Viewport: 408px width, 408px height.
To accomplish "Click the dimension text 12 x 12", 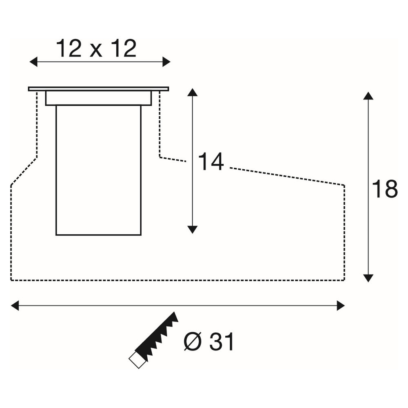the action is (x=96, y=49).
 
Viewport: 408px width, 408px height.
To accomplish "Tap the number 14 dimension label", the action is (x=211, y=162).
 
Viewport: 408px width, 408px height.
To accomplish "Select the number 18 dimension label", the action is (x=385, y=188).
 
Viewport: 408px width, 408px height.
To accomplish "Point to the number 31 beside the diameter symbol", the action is (x=222, y=341).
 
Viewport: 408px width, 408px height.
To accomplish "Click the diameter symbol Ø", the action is (x=193, y=341).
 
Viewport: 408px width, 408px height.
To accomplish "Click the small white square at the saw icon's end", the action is (x=137, y=360).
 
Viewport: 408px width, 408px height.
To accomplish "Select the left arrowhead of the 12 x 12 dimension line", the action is (x=33, y=62).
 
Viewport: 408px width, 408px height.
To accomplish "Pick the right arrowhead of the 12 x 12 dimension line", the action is (x=166, y=62).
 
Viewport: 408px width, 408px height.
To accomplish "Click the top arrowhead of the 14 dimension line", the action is (x=192, y=92).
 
